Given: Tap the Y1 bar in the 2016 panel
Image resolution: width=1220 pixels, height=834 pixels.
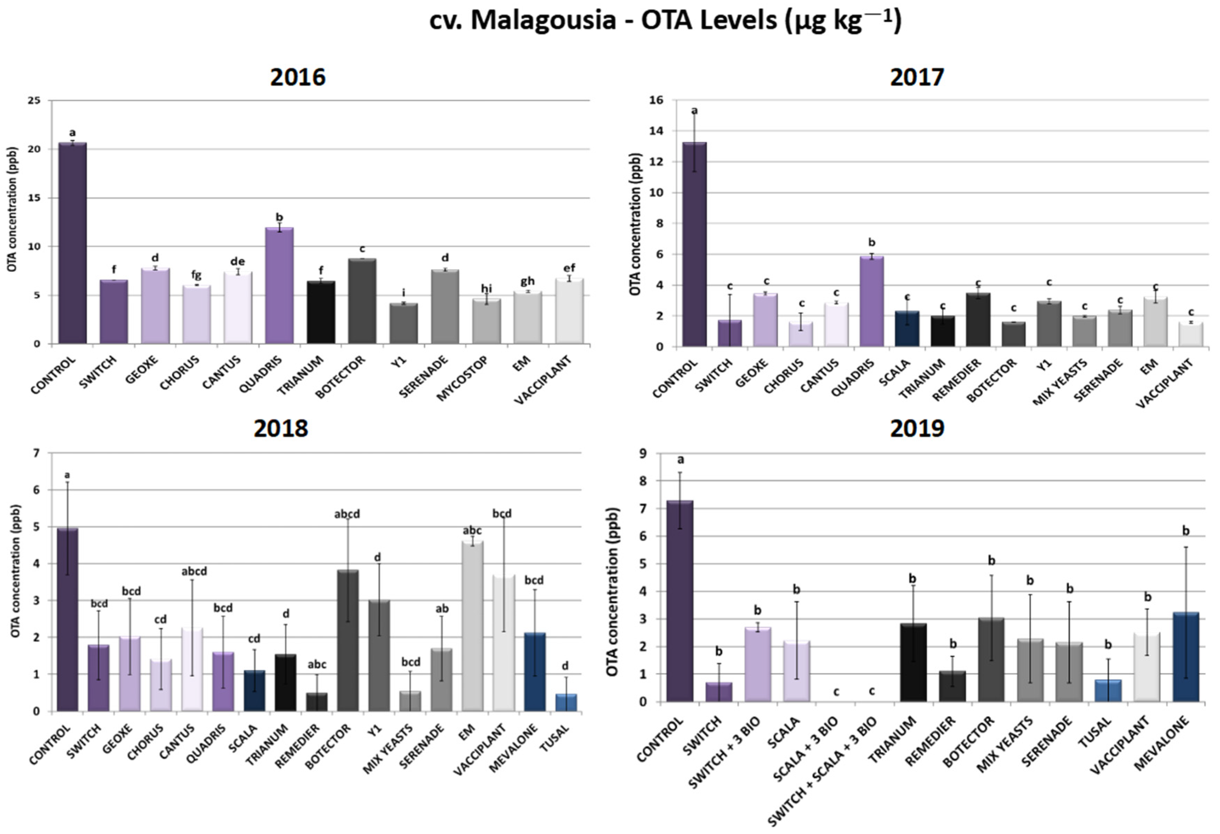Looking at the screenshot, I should tap(404, 323).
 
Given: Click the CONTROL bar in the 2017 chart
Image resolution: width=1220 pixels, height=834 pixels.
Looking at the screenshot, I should tap(694, 244).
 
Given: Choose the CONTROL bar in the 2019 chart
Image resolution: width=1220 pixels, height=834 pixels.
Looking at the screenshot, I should tap(680, 601).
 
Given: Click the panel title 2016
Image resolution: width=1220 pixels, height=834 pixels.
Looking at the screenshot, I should tap(298, 77).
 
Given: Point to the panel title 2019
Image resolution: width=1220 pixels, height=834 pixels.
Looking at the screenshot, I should tap(917, 428).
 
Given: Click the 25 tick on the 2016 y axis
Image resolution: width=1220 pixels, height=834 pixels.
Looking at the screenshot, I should tap(34, 100).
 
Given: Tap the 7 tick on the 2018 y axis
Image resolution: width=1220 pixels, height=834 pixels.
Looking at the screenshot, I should tap(36, 452).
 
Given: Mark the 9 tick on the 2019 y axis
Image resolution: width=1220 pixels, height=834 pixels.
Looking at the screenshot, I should tap(642, 453).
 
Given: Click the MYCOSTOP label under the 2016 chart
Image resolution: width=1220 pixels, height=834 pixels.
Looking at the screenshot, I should tap(462, 378).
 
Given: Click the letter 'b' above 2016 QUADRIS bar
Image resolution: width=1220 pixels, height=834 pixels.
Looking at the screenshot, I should tap(279, 217).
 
